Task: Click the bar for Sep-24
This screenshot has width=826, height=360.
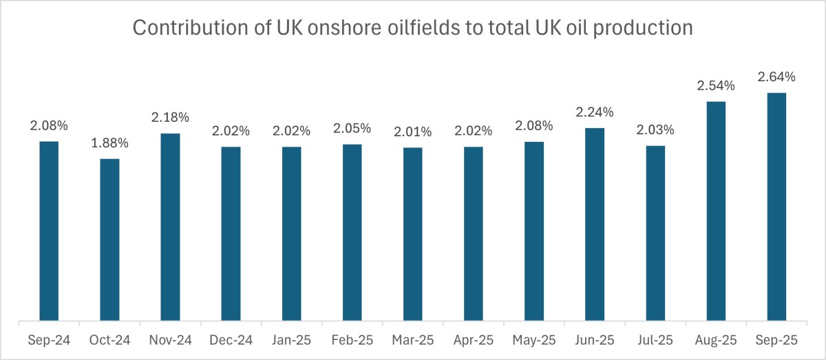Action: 49,231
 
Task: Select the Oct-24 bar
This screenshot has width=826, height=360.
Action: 109,240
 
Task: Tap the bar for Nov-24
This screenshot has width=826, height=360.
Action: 170,226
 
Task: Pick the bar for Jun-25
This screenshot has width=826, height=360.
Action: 594,224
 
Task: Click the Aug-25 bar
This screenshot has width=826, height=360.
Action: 715,211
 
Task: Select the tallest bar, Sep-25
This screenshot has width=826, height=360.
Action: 776,207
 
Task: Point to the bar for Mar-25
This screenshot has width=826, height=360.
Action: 412,233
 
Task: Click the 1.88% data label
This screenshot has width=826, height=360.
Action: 109,144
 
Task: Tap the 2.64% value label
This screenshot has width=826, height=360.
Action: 776,76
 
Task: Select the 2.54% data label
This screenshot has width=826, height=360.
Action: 715,86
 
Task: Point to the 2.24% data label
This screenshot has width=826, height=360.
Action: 594,112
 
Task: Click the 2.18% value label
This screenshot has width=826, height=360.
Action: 170,118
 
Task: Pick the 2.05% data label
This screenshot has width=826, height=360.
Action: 352,128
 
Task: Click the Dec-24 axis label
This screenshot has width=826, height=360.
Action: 231,340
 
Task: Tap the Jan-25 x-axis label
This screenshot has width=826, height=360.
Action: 291,340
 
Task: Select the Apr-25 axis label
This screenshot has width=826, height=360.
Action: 473,340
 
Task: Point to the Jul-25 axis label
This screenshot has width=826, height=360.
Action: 655,340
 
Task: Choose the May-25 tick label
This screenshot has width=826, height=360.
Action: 533,340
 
